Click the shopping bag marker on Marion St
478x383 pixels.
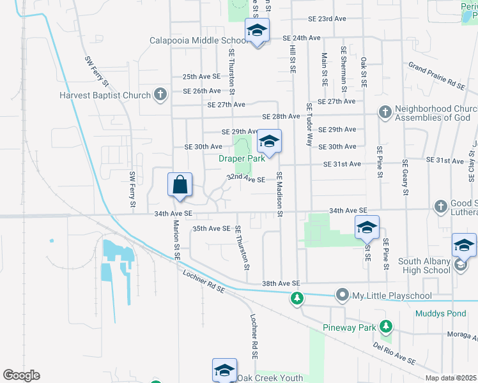tap(180, 184)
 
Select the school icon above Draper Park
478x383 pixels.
tap(270, 142)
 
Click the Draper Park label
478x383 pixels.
tap(242, 159)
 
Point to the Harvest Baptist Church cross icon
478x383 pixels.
tap(160, 96)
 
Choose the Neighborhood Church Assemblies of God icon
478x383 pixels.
tap(385, 112)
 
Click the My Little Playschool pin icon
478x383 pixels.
tap(343, 296)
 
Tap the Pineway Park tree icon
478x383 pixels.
tap(385, 327)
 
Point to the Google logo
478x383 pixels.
tap(21, 375)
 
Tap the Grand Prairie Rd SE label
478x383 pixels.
tap(437, 75)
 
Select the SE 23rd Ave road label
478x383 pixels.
tap(327, 19)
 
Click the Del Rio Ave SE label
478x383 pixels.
tap(394, 352)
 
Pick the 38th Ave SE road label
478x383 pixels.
tap(281, 283)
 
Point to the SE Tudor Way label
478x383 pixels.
tap(309, 124)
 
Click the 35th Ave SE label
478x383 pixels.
tap(211, 229)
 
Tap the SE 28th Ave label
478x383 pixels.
tap(281, 117)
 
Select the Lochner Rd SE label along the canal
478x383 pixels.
tap(204, 281)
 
